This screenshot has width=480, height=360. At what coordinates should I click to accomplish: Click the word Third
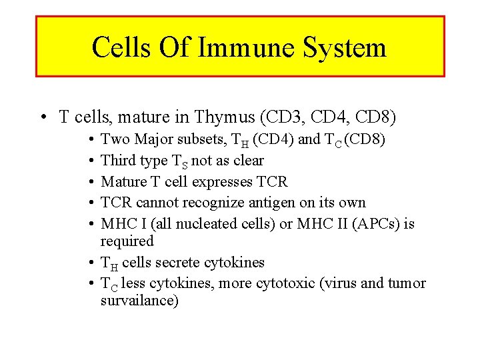[x=117, y=161]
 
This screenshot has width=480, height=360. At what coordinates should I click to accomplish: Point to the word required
[x=127, y=241]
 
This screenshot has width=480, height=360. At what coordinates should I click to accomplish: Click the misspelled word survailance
[x=139, y=301]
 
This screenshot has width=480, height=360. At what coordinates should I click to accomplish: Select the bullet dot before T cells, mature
[x=43, y=118]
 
